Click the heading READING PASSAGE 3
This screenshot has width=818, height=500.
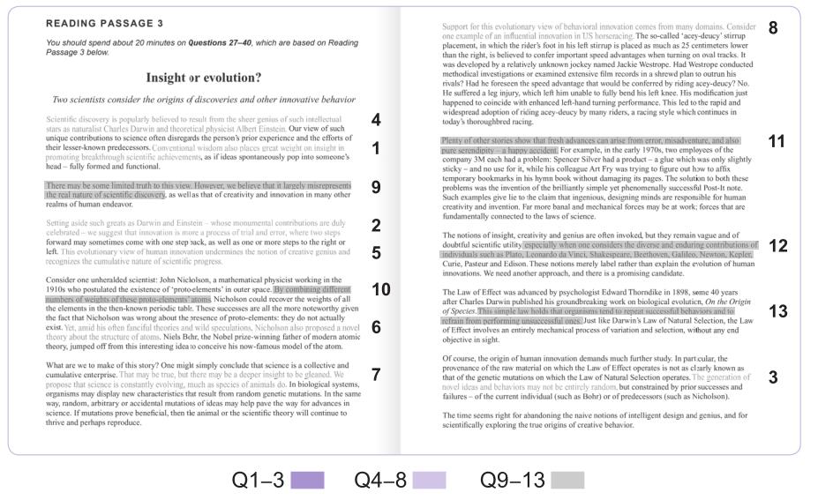[x=104, y=24]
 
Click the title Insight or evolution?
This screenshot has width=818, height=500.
[x=203, y=78]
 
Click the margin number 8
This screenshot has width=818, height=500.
[x=773, y=27]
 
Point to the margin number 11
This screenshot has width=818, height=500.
[x=777, y=141]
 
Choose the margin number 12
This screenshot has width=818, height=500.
[x=777, y=246]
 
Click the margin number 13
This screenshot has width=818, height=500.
[x=777, y=310]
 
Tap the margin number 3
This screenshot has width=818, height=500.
[x=773, y=377]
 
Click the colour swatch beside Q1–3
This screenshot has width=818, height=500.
[x=307, y=481]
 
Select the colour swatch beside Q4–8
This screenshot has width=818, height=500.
[x=429, y=481]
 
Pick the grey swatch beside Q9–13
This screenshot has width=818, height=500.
[x=567, y=481]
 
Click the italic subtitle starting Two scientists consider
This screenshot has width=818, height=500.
[x=204, y=100]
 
